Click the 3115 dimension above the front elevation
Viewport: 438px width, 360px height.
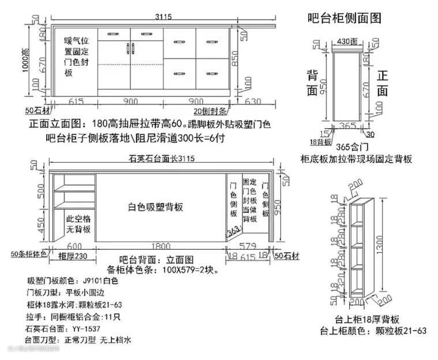(163, 17)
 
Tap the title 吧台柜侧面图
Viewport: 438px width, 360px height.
(344, 18)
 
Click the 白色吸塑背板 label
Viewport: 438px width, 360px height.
(155, 206)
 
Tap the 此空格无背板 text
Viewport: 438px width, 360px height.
(79, 224)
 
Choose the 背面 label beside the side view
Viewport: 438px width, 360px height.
(312, 82)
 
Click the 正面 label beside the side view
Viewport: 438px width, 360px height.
(383, 83)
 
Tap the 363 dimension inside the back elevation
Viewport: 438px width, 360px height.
(234, 231)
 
